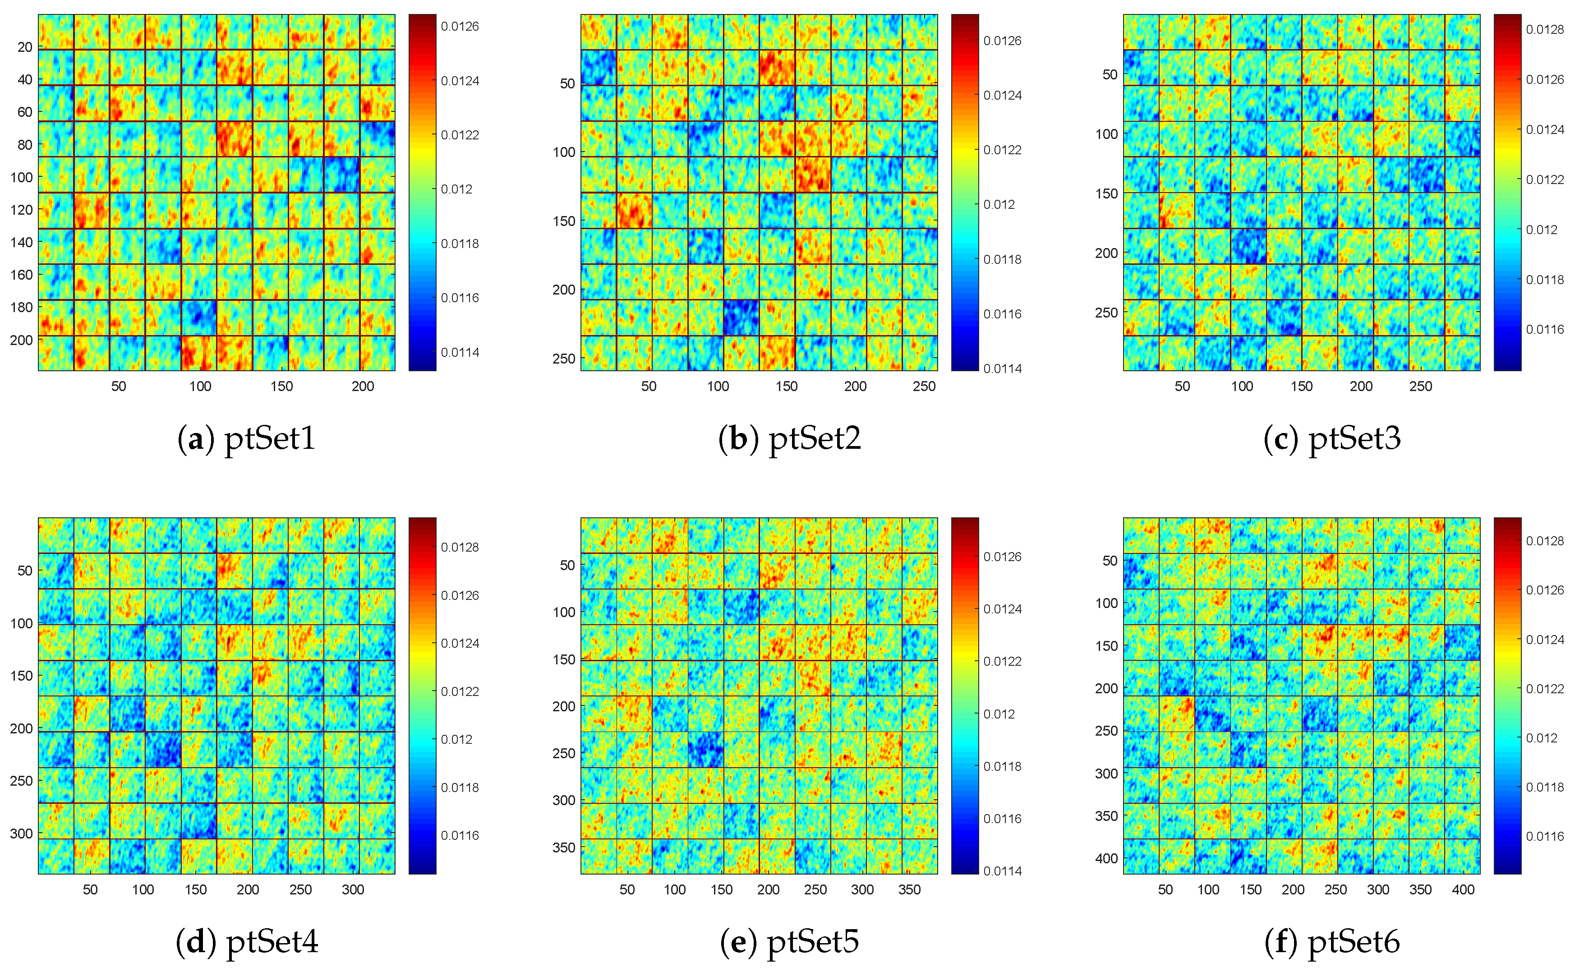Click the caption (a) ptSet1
[x=246, y=439]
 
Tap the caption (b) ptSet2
[x=789, y=439]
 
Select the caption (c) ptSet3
[x=1331, y=439]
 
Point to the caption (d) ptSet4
[x=246, y=942]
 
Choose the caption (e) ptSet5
[x=789, y=942]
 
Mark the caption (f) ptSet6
[x=1331, y=942]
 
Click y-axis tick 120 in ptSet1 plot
[x=21, y=210]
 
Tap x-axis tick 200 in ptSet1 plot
[x=363, y=387]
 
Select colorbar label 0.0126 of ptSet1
[x=460, y=26]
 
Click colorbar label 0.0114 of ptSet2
[x=1002, y=369]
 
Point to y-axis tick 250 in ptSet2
[x=563, y=358]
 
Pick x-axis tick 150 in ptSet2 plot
[x=786, y=387]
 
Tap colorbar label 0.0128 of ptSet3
[x=1545, y=30]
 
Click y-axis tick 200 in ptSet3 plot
[x=1106, y=253]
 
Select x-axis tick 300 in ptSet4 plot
[x=352, y=890]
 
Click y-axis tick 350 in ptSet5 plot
[x=564, y=847]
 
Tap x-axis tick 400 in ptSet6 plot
[x=1463, y=890]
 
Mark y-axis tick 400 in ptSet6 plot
[x=1106, y=858]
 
